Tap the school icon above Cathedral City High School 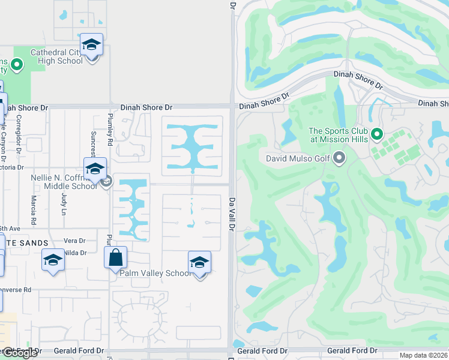[x=91, y=45]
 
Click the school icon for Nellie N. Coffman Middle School [x=95, y=170]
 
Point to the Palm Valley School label [x=155, y=273]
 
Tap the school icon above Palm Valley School [x=200, y=263]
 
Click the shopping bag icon [x=115, y=258]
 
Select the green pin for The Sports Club [x=377, y=133]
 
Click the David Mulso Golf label [x=298, y=159]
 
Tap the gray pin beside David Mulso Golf [x=340, y=158]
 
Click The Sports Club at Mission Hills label [x=338, y=135]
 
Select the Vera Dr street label [x=74, y=241]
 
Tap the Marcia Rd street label [x=33, y=211]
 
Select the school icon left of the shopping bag [x=53, y=260]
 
